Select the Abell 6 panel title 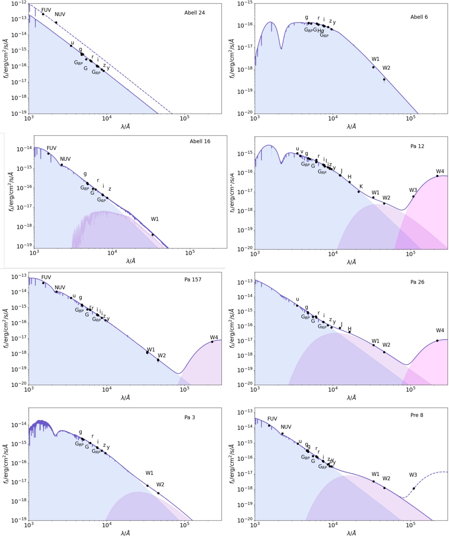[419, 17]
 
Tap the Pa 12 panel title [417, 146]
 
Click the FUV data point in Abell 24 [43, 14]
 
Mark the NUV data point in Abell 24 [56, 23]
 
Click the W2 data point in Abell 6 [384, 79]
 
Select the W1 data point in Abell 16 [152, 235]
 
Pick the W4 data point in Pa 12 [437, 176]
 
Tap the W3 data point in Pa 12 [413, 197]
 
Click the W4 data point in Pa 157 [212, 342]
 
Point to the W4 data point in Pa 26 [437, 340]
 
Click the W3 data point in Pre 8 [414, 488]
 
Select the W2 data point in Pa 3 [158, 493]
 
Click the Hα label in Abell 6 [321, 30]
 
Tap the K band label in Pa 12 [361, 186]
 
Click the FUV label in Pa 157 [46, 277]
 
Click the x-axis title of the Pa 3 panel [125, 534]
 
